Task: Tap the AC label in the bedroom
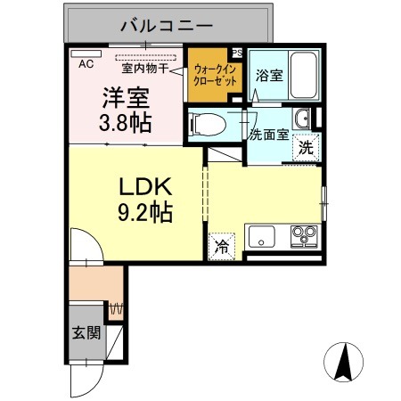click(86, 64)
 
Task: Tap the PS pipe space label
click(236, 53)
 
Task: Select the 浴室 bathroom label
click(270, 77)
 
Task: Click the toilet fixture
click(204, 124)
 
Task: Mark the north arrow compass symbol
click(345, 362)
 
